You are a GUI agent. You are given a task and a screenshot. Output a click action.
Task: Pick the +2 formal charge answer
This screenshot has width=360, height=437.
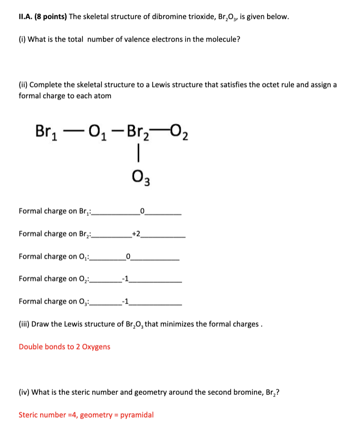coord(136,233)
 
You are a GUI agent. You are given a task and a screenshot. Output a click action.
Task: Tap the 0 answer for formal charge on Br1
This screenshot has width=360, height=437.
coord(142,211)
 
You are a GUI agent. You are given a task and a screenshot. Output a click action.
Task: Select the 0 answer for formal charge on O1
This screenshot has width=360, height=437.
coord(128,256)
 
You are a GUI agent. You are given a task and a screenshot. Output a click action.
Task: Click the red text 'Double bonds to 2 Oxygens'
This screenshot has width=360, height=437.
coord(64,347)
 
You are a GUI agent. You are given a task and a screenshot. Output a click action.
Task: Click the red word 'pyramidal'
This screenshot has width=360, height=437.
coord(137,414)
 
